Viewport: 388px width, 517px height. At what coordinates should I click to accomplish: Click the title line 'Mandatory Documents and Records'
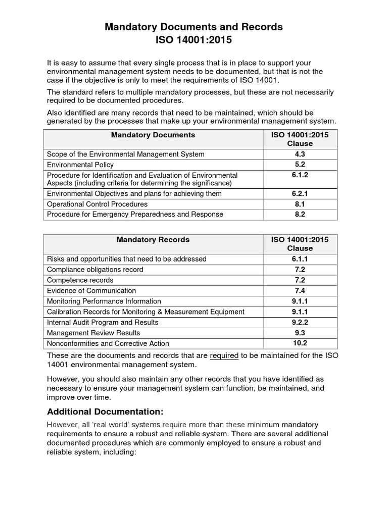[x=193, y=27]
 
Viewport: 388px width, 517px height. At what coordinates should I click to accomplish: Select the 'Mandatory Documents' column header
[x=153, y=135]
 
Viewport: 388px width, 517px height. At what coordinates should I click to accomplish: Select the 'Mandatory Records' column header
[x=153, y=240]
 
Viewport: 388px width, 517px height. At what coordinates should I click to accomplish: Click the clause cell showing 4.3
[x=300, y=154]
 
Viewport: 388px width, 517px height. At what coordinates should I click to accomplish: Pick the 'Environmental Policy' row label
[x=80, y=165]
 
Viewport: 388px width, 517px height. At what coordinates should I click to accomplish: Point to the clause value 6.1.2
[x=300, y=175]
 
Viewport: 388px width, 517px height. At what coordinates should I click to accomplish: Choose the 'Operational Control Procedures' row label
[x=97, y=204]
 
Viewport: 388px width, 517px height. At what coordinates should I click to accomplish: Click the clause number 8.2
[x=300, y=214]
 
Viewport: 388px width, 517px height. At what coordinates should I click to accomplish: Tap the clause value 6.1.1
[x=300, y=259]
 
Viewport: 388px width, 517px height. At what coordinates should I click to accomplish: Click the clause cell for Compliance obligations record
[x=300, y=270]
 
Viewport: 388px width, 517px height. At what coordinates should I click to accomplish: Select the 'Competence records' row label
[x=80, y=280]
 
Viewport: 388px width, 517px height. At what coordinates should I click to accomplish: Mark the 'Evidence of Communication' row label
[x=91, y=291]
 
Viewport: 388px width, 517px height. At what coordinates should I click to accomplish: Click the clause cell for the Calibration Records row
[x=300, y=312]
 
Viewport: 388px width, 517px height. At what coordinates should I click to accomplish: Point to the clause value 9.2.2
[x=300, y=322]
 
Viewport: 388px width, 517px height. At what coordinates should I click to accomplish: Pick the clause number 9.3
[x=300, y=333]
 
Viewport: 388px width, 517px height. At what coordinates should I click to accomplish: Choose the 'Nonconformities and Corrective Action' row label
[x=108, y=343]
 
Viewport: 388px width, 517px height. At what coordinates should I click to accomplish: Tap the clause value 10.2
[x=300, y=343]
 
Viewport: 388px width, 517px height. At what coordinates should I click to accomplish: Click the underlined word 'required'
[x=224, y=355]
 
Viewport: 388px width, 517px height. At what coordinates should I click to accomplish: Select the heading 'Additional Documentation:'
[x=105, y=411]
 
